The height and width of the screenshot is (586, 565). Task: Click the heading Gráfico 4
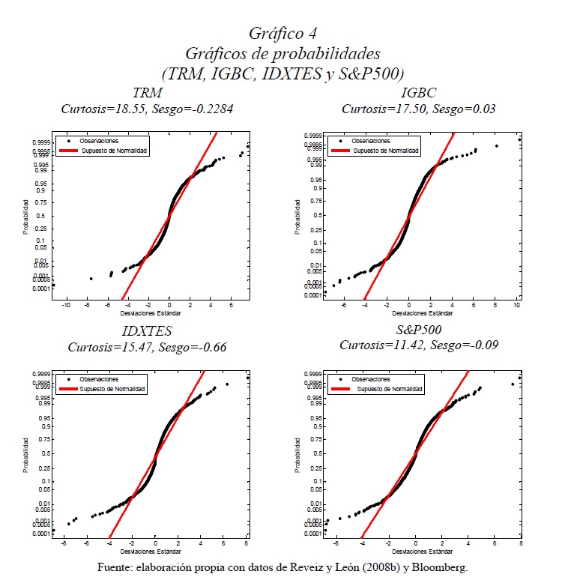pyautogui.click(x=282, y=34)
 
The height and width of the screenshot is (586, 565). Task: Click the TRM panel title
pyautogui.click(x=148, y=94)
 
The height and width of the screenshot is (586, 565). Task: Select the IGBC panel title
pyautogui.click(x=418, y=94)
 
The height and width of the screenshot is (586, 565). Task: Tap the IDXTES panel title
pyautogui.click(x=147, y=331)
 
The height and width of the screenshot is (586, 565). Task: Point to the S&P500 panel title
pyautogui.click(x=418, y=330)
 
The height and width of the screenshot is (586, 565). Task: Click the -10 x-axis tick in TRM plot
pyautogui.click(x=66, y=305)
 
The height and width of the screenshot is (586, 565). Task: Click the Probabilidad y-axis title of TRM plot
pyautogui.click(x=25, y=217)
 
